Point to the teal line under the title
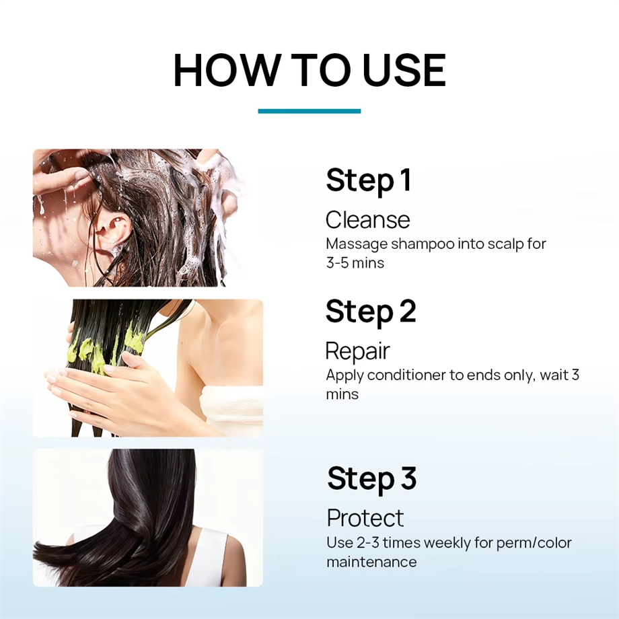pyautogui.click(x=309, y=111)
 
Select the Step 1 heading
pyautogui.click(x=368, y=181)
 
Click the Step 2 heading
pyautogui.click(x=371, y=312)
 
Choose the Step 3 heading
pyautogui.click(x=372, y=478)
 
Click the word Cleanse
pyautogui.click(x=367, y=220)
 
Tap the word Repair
pyautogui.click(x=358, y=351)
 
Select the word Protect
pyautogui.click(x=365, y=518)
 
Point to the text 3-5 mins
pyautogui.click(x=355, y=263)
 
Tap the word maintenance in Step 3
pyautogui.click(x=371, y=562)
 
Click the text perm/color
pyautogui.click(x=534, y=543)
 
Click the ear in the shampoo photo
pyautogui.click(x=115, y=232)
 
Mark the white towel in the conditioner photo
pyautogui.click(x=231, y=410)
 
